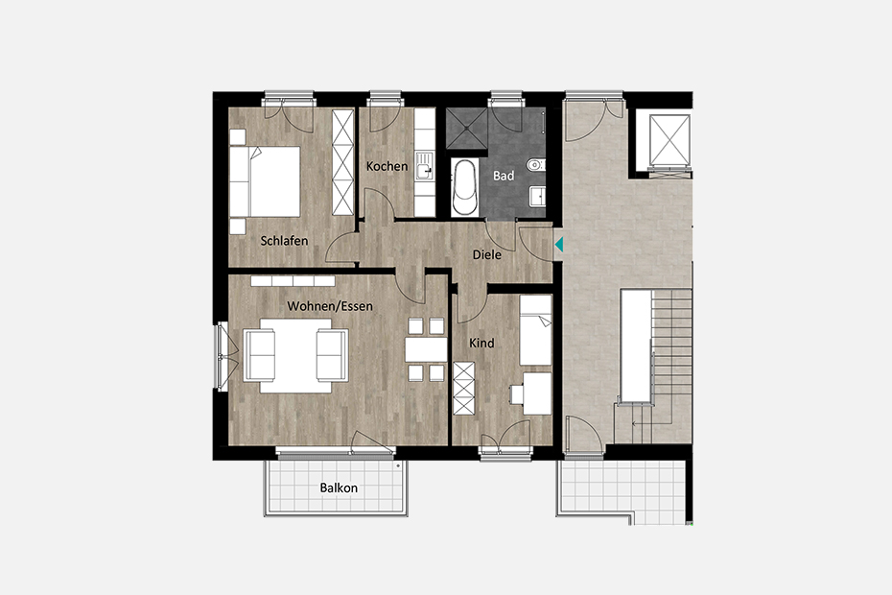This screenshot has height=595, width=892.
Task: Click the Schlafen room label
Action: click(x=284, y=241)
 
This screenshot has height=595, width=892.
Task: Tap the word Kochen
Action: click(x=387, y=166)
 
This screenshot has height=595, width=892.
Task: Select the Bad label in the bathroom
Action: click(x=504, y=176)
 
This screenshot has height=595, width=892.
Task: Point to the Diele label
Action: click(x=487, y=254)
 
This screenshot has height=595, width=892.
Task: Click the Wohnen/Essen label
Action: click(x=330, y=306)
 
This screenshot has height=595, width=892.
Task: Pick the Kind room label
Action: click(x=481, y=344)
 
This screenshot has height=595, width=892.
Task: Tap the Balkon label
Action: click(x=339, y=488)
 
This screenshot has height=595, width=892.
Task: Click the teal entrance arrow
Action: click(x=558, y=245)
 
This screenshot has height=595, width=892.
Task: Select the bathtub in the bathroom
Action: click(x=465, y=187)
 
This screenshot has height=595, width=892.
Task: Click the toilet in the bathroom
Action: click(x=535, y=165)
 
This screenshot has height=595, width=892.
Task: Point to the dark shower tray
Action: click(x=466, y=128)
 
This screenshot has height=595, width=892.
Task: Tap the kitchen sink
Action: click(x=424, y=166)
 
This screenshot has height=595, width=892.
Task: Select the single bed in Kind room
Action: click(x=536, y=330)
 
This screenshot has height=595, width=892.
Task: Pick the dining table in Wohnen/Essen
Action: click(x=426, y=350)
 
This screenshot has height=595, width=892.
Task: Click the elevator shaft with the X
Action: click(x=669, y=140)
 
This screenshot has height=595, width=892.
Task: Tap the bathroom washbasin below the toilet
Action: click(x=537, y=197)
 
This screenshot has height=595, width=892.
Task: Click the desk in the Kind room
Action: click(x=537, y=393)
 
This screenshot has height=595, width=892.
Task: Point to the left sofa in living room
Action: click(x=259, y=355)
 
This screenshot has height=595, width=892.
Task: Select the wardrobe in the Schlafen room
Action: click(x=342, y=162)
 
